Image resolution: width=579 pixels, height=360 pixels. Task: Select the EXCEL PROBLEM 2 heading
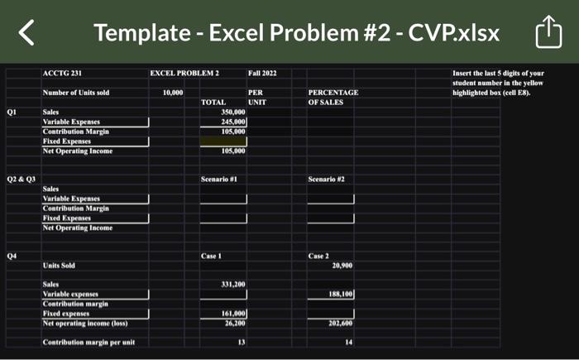tap(184, 74)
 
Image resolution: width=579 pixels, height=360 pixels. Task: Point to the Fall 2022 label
tap(262, 74)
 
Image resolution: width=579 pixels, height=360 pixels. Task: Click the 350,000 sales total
tap(234, 111)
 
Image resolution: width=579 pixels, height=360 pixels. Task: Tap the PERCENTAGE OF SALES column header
tap(333, 97)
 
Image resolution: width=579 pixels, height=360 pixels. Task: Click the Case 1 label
tap(213, 256)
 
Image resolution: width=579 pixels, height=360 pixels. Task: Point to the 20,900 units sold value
tap(342, 266)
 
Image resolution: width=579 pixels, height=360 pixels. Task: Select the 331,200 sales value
tap(234, 284)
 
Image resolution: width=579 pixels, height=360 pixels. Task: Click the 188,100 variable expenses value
tap(342, 294)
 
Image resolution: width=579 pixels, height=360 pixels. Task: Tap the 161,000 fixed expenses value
tap(234, 313)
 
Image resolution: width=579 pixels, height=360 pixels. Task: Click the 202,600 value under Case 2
tap(342, 323)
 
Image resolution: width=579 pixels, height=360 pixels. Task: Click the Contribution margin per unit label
tap(89, 342)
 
